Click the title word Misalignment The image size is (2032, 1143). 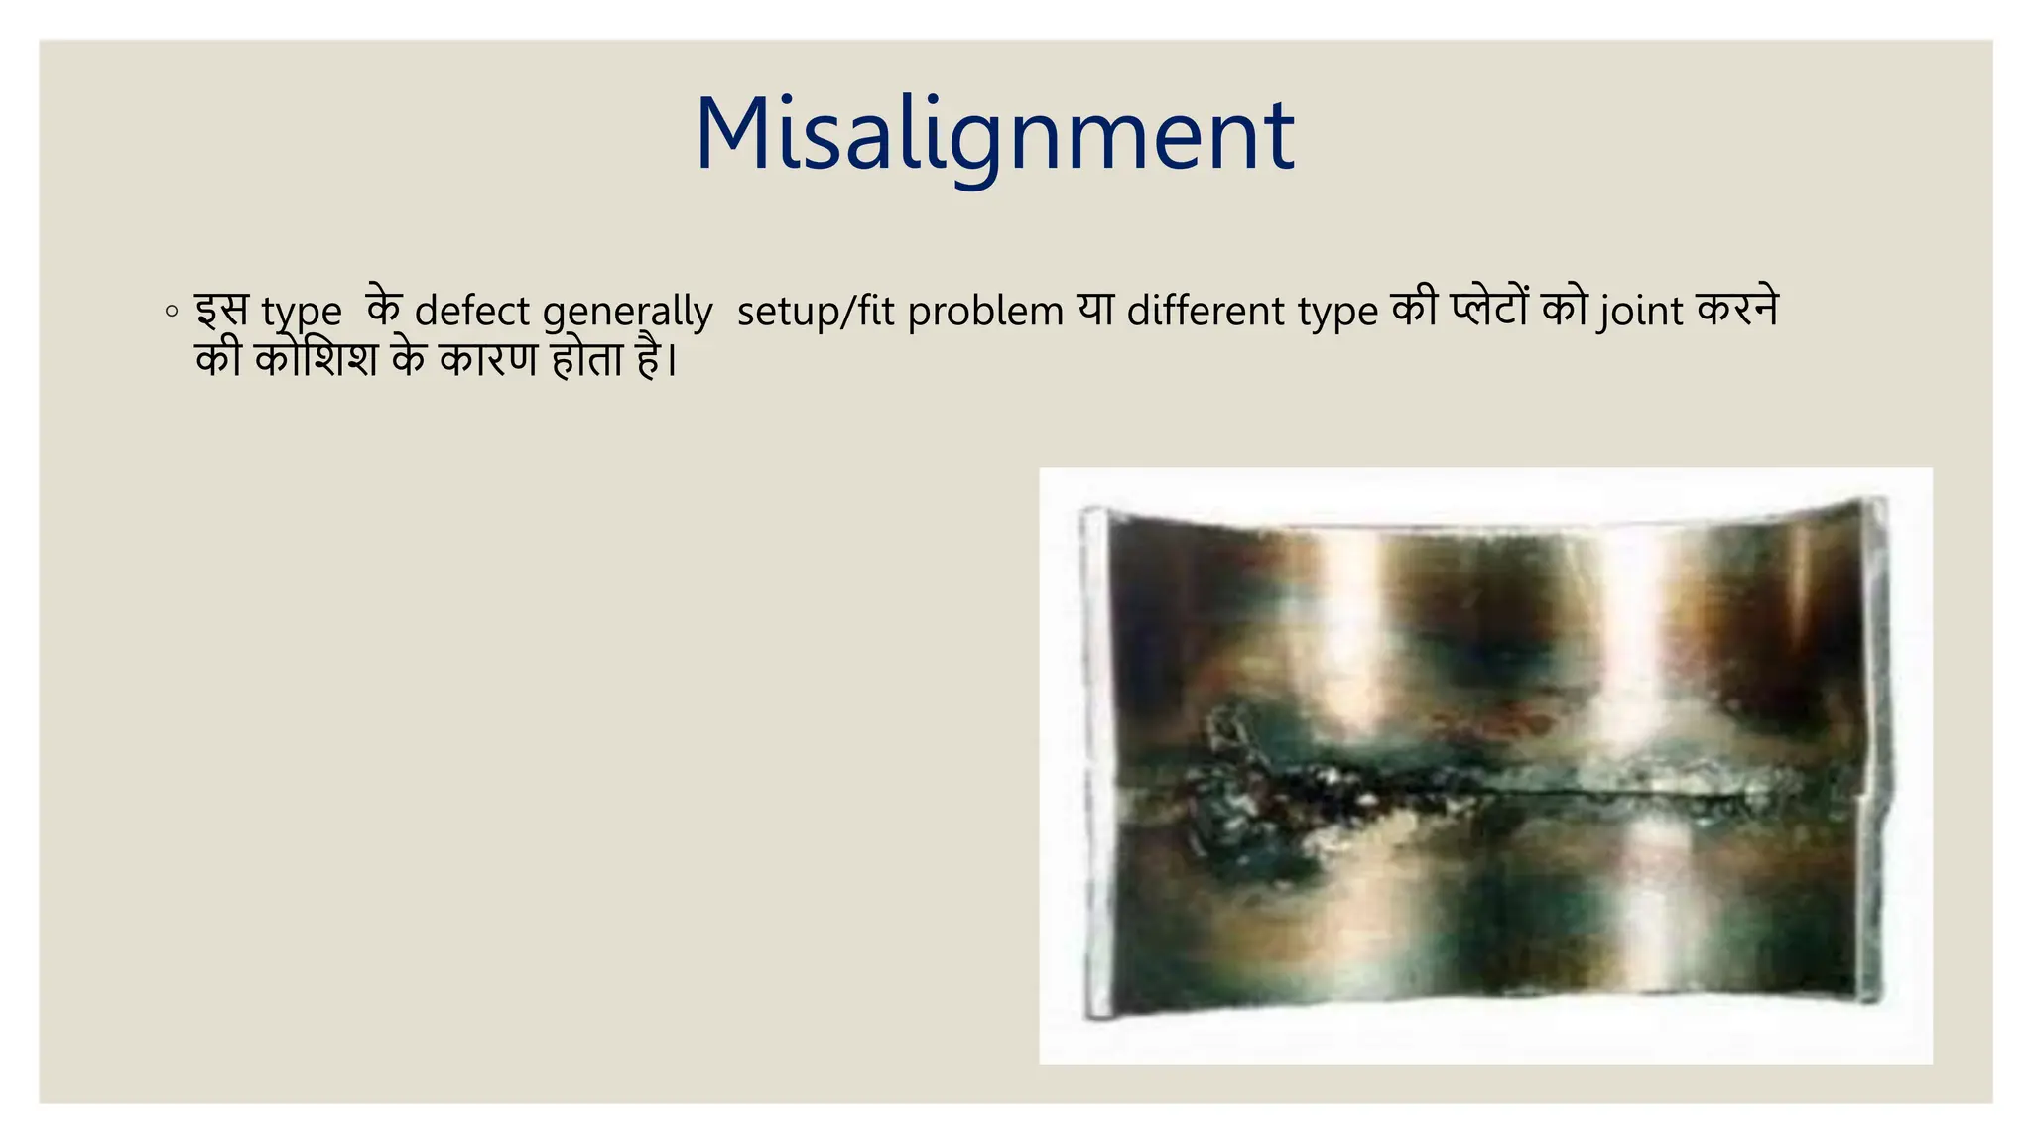coord(994,135)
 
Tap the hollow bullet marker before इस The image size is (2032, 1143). coord(172,312)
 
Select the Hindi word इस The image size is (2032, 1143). coord(220,311)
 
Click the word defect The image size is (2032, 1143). coord(471,312)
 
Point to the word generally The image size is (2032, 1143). coord(627,312)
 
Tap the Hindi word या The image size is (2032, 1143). coord(1095,311)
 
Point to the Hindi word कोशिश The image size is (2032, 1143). coord(316,358)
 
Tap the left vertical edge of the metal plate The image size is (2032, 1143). coord(1094,764)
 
